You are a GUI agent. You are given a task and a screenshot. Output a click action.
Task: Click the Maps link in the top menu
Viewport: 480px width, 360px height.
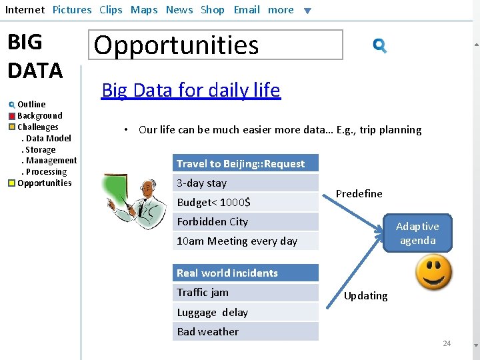pos(144,10)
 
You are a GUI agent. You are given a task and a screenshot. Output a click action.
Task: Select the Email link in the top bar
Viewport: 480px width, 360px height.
pos(247,10)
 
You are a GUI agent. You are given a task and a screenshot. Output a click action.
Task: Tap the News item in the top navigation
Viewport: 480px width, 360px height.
pos(179,10)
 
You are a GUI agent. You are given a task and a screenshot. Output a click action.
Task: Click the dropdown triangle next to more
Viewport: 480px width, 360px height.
pos(307,11)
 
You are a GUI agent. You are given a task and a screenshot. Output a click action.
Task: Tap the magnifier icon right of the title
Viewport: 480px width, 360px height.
pos(380,45)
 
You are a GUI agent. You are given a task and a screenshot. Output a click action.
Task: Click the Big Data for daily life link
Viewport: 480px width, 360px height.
pos(191,90)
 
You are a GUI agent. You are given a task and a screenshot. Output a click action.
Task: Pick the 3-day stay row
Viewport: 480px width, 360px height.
pos(245,183)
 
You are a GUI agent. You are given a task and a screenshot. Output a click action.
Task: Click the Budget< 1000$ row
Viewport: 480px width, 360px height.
pos(245,202)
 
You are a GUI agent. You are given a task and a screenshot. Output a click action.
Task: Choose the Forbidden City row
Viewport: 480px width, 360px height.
pos(245,221)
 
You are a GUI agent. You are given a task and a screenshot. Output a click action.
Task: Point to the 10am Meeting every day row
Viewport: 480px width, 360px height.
pos(245,241)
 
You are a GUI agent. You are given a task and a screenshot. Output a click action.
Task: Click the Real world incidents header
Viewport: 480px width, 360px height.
pos(245,273)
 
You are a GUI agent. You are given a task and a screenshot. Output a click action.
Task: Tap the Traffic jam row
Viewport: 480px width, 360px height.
pos(245,292)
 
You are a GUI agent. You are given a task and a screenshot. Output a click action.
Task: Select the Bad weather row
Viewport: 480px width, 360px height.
pos(245,331)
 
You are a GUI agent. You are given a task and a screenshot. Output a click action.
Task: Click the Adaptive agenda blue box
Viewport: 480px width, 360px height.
pos(417,233)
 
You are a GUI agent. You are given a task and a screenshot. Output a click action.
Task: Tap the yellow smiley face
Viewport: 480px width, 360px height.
pos(433,273)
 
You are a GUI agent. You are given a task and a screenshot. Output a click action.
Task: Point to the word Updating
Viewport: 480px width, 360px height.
pos(365,295)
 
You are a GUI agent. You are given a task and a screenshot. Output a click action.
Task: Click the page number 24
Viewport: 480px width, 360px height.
pos(447,343)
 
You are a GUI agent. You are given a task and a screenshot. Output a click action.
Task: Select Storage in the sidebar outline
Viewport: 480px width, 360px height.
pos(41,149)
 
